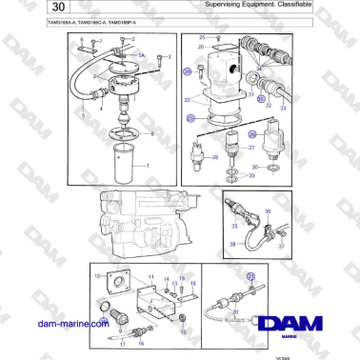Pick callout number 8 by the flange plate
(151, 133)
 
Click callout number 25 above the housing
(202, 36)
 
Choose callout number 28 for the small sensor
(215, 158)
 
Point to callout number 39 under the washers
(250, 176)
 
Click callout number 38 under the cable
(231, 244)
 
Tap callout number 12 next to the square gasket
(97, 275)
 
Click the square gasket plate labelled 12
(118, 282)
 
